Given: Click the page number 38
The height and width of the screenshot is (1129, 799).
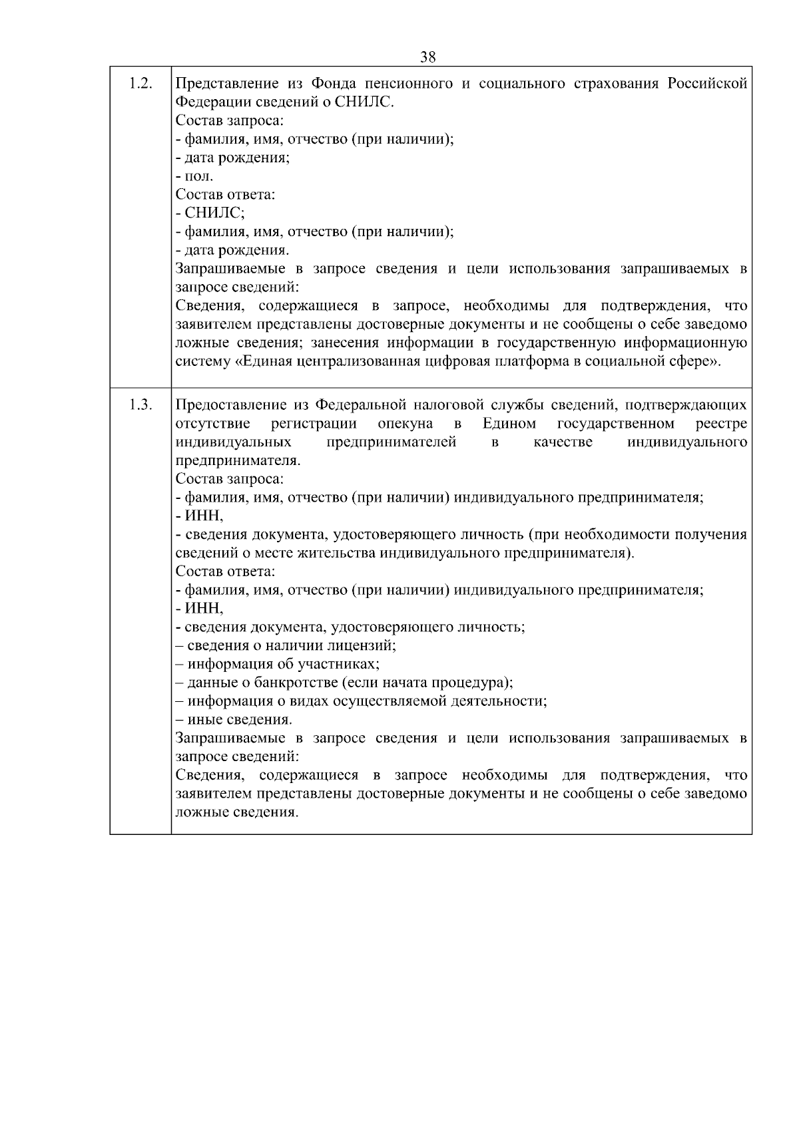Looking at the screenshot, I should click(x=428, y=57).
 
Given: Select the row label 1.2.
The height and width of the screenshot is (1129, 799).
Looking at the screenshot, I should click(x=140, y=83).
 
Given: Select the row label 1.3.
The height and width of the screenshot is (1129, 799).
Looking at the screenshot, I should click(x=140, y=405).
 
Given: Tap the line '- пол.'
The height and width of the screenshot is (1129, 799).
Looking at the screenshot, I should click(x=194, y=177).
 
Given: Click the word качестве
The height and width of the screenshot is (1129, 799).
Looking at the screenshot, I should click(x=563, y=442).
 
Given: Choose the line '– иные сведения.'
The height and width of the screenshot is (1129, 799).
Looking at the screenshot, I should click(x=234, y=720).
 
